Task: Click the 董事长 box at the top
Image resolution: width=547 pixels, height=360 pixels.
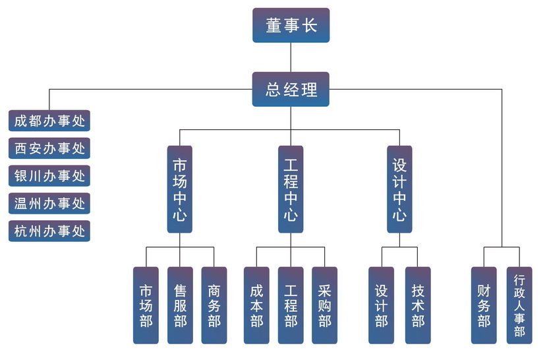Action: [291, 26]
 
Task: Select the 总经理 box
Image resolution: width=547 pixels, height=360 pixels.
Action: [291, 89]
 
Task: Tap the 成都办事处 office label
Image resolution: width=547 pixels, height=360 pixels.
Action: [49, 121]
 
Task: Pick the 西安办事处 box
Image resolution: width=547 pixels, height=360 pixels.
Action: [49, 148]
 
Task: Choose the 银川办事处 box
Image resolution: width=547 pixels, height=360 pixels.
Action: [49, 176]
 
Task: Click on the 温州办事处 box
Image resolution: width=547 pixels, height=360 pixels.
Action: [49, 204]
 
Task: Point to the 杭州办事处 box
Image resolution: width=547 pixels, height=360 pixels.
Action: [49, 231]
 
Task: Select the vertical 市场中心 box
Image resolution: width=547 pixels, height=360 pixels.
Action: [179, 189]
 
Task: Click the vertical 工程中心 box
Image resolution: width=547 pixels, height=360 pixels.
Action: [291, 189]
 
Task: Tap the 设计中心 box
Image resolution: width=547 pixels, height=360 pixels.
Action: [399, 189]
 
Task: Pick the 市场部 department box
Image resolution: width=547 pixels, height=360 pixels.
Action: [146, 305]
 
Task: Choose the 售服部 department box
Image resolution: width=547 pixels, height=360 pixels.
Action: [180, 305]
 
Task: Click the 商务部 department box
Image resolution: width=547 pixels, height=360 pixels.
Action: [214, 305]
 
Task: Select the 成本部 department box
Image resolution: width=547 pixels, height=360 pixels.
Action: [256, 305]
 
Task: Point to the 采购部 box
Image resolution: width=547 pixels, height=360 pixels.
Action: [324, 305]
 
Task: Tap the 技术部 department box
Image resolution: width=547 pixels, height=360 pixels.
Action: [418, 305]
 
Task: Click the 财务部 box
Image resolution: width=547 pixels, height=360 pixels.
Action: [484, 305]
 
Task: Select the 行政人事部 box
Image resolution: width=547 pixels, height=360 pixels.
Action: [519, 305]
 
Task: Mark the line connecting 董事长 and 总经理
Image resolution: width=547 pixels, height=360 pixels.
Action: [291, 57]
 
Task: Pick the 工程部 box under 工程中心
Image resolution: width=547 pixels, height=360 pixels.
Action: [291, 305]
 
